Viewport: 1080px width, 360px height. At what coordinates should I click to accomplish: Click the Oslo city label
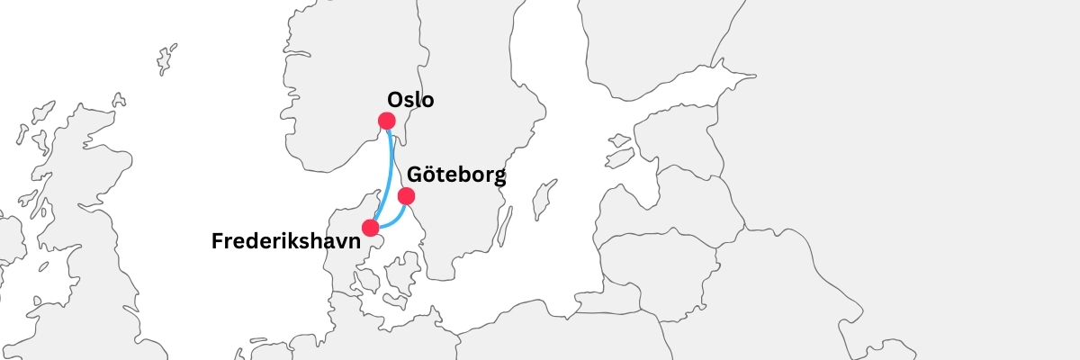point(410,100)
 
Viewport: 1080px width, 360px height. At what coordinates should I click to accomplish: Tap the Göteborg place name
point(456,175)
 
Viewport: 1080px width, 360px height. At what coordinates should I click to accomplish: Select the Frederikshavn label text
point(285,241)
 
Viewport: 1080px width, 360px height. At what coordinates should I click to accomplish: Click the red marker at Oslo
point(387,121)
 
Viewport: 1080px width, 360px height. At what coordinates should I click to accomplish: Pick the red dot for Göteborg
point(406,195)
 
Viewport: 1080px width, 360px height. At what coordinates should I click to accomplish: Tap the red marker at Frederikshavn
point(370,228)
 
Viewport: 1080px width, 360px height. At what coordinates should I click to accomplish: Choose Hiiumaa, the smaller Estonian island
point(619,140)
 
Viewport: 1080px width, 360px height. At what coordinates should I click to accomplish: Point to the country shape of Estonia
point(684,144)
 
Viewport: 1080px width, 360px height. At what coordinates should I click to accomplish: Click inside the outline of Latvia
point(684,216)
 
